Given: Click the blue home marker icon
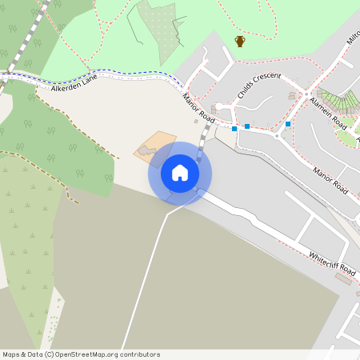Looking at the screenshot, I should pyautogui.click(x=180, y=173).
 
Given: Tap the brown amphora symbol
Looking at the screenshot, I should pyautogui.click(x=239, y=41).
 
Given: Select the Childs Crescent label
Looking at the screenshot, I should pyautogui.click(x=258, y=85).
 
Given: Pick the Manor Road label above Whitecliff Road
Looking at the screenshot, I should pyautogui.click(x=330, y=181).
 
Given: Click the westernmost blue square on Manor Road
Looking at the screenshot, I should pyautogui.click(x=234, y=129).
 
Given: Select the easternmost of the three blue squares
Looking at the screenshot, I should pyautogui.click(x=287, y=124).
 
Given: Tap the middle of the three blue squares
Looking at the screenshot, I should pyautogui.click(x=247, y=126).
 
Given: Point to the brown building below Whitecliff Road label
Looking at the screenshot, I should pyautogui.click(x=346, y=278).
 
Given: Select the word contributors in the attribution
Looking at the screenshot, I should pyautogui.click(x=141, y=354).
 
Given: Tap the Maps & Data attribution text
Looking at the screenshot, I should pyautogui.click(x=22, y=354).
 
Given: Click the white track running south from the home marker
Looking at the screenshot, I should pyautogui.click(x=148, y=272).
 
